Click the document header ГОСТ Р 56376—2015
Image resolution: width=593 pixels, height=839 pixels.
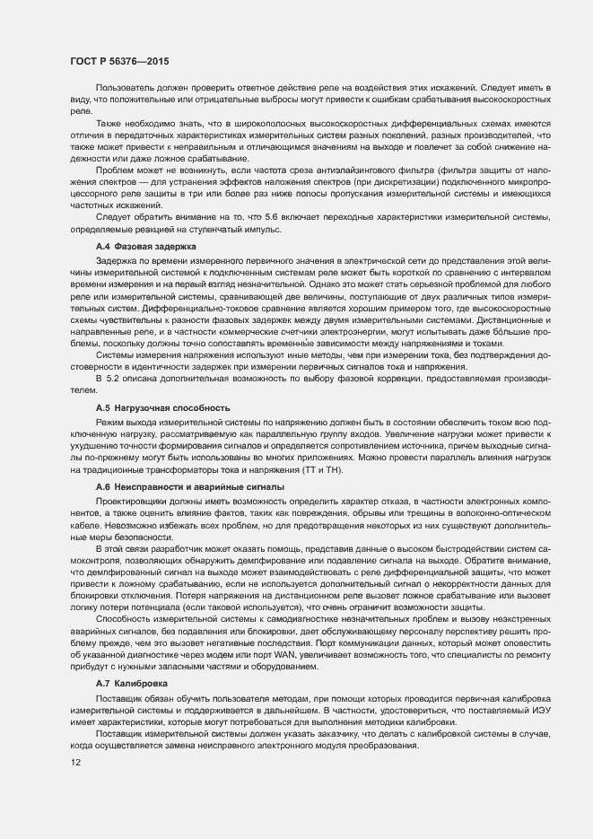pyautogui.click(x=118, y=61)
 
